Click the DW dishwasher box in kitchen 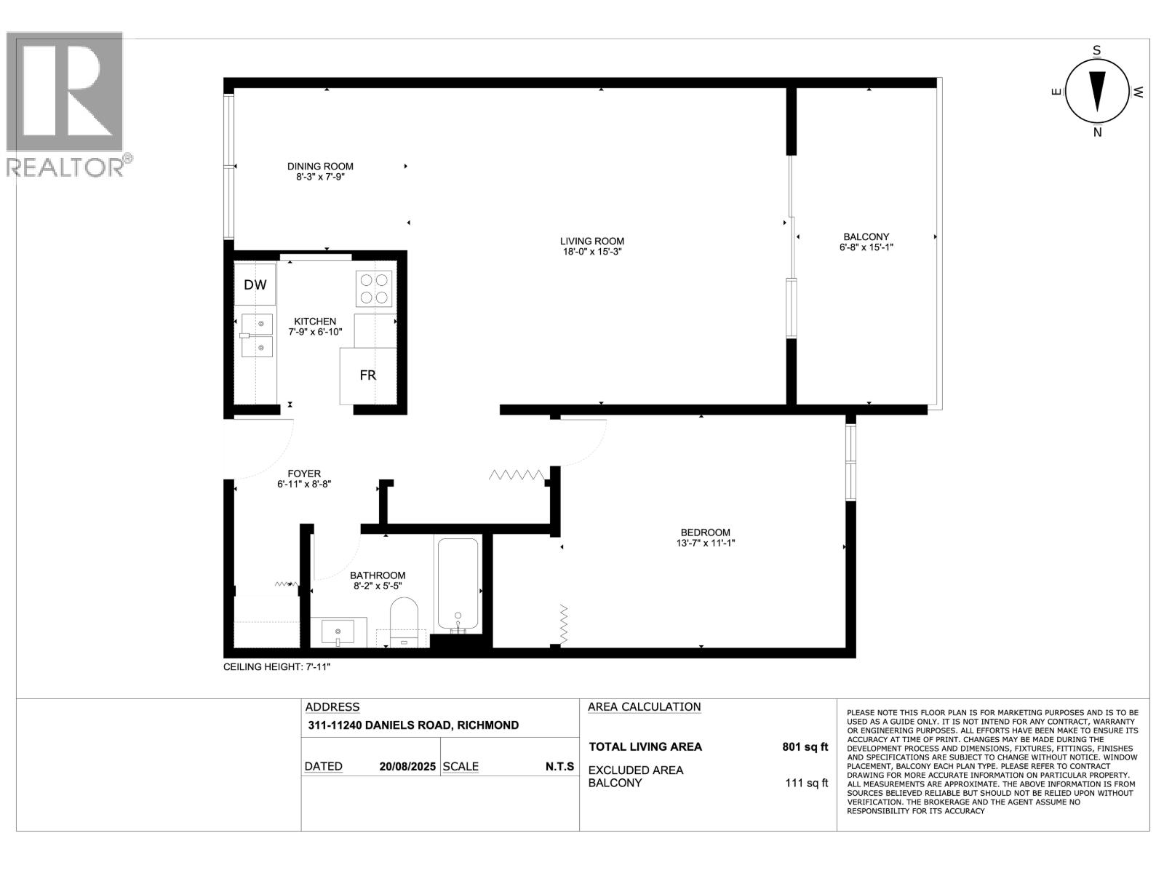(255, 285)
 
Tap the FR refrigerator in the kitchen (368, 375)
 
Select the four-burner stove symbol (373, 288)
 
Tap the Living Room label (591, 242)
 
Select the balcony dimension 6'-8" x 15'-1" (866, 247)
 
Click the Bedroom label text (705, 533)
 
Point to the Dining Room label (320, 167)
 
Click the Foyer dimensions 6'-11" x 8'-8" (304, 484)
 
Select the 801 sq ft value (805, 746)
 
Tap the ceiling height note (276, 666)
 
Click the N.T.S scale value (559, 767)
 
